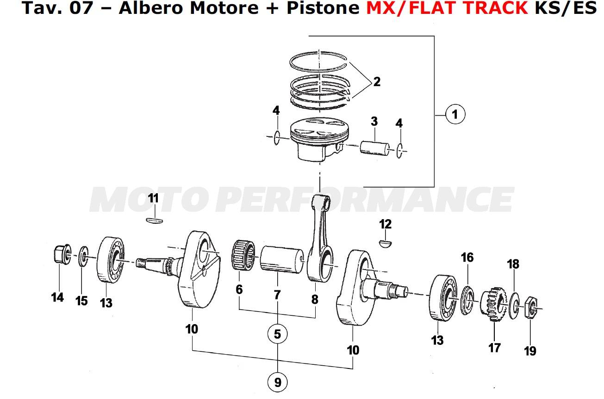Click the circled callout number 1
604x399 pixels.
455,114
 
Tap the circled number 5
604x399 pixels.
277,334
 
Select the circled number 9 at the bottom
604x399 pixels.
277,382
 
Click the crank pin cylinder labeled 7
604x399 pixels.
280,260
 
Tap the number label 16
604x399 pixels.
467,258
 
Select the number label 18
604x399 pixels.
513,264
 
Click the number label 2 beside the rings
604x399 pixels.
377,82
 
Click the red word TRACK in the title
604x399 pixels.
500,8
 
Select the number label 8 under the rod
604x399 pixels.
315,300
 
